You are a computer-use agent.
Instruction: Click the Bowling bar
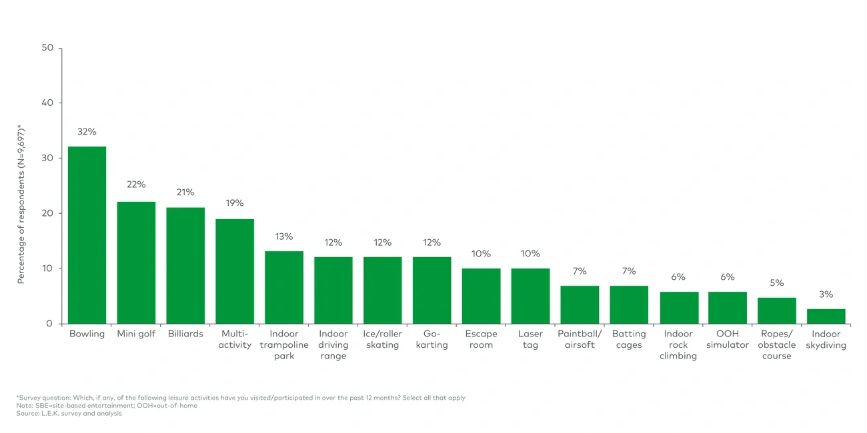(87, 235)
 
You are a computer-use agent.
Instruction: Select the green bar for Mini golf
(136, 262)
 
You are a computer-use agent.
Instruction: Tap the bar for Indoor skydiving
(826, 316)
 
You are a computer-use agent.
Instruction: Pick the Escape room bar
(481, 296)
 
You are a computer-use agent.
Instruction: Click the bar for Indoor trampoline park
(284, 287)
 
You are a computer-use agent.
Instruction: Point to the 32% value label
(87, 132)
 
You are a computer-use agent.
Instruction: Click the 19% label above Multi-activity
(235, 203)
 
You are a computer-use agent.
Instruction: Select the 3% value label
(826, 294)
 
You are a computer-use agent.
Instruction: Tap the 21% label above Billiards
(185, 193)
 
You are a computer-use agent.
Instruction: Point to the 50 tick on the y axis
(47, 48)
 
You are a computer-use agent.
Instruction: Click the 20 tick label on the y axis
(47, 213)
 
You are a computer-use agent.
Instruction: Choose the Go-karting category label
(431, 339)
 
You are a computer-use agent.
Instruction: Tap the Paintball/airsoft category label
(580, 339)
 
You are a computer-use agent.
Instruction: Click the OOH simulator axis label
(727, 339)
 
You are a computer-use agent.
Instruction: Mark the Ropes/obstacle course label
(776, 344)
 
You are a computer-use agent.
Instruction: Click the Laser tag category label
(530, 339)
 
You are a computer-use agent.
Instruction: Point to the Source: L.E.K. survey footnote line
(69, 414)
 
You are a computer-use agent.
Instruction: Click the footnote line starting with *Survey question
(241, 398)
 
